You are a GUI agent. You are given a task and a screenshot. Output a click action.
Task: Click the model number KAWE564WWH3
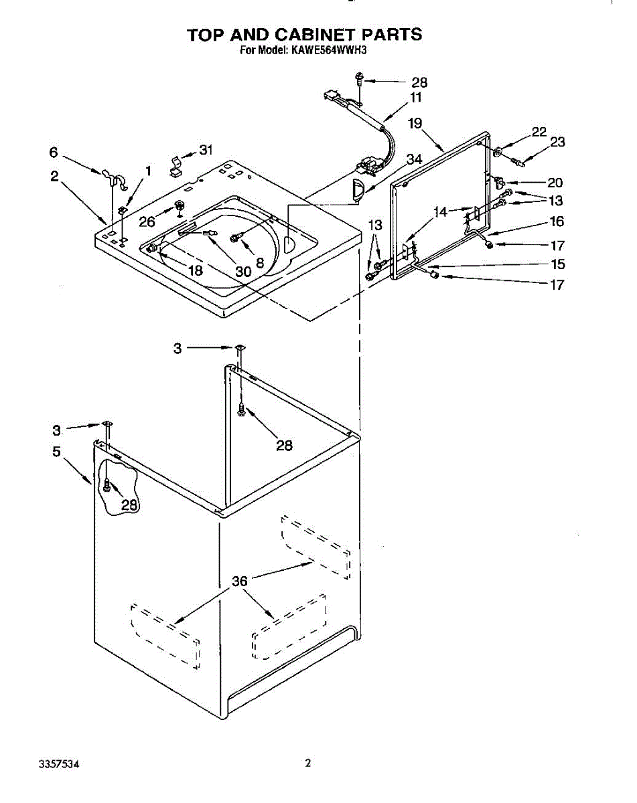(326, 50)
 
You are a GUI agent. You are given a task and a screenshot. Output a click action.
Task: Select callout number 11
(415, 98)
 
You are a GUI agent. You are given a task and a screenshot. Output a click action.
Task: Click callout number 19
(415, 123)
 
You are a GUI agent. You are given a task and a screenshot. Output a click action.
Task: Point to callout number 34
(415, 159)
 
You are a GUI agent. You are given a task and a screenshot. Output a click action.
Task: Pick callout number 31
(206, 150)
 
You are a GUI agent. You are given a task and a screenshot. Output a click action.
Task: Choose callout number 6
(54, 152)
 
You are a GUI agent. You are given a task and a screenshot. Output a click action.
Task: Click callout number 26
(147, 221)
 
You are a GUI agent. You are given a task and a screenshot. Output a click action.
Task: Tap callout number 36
(240, 581)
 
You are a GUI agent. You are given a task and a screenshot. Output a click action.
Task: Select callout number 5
(56, 452)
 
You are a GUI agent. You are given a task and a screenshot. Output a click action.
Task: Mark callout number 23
(557, 142)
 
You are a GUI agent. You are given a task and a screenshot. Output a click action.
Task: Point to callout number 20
(555, 183)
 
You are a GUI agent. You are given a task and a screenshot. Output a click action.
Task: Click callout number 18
(195, 270)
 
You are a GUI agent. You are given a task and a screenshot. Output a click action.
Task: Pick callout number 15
(558, 264)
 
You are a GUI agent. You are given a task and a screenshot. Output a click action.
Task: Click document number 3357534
(60, 764)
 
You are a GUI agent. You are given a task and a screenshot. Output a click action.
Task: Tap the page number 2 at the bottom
(307, 763)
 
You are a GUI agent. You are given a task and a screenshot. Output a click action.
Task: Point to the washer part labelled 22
(498, 153)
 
